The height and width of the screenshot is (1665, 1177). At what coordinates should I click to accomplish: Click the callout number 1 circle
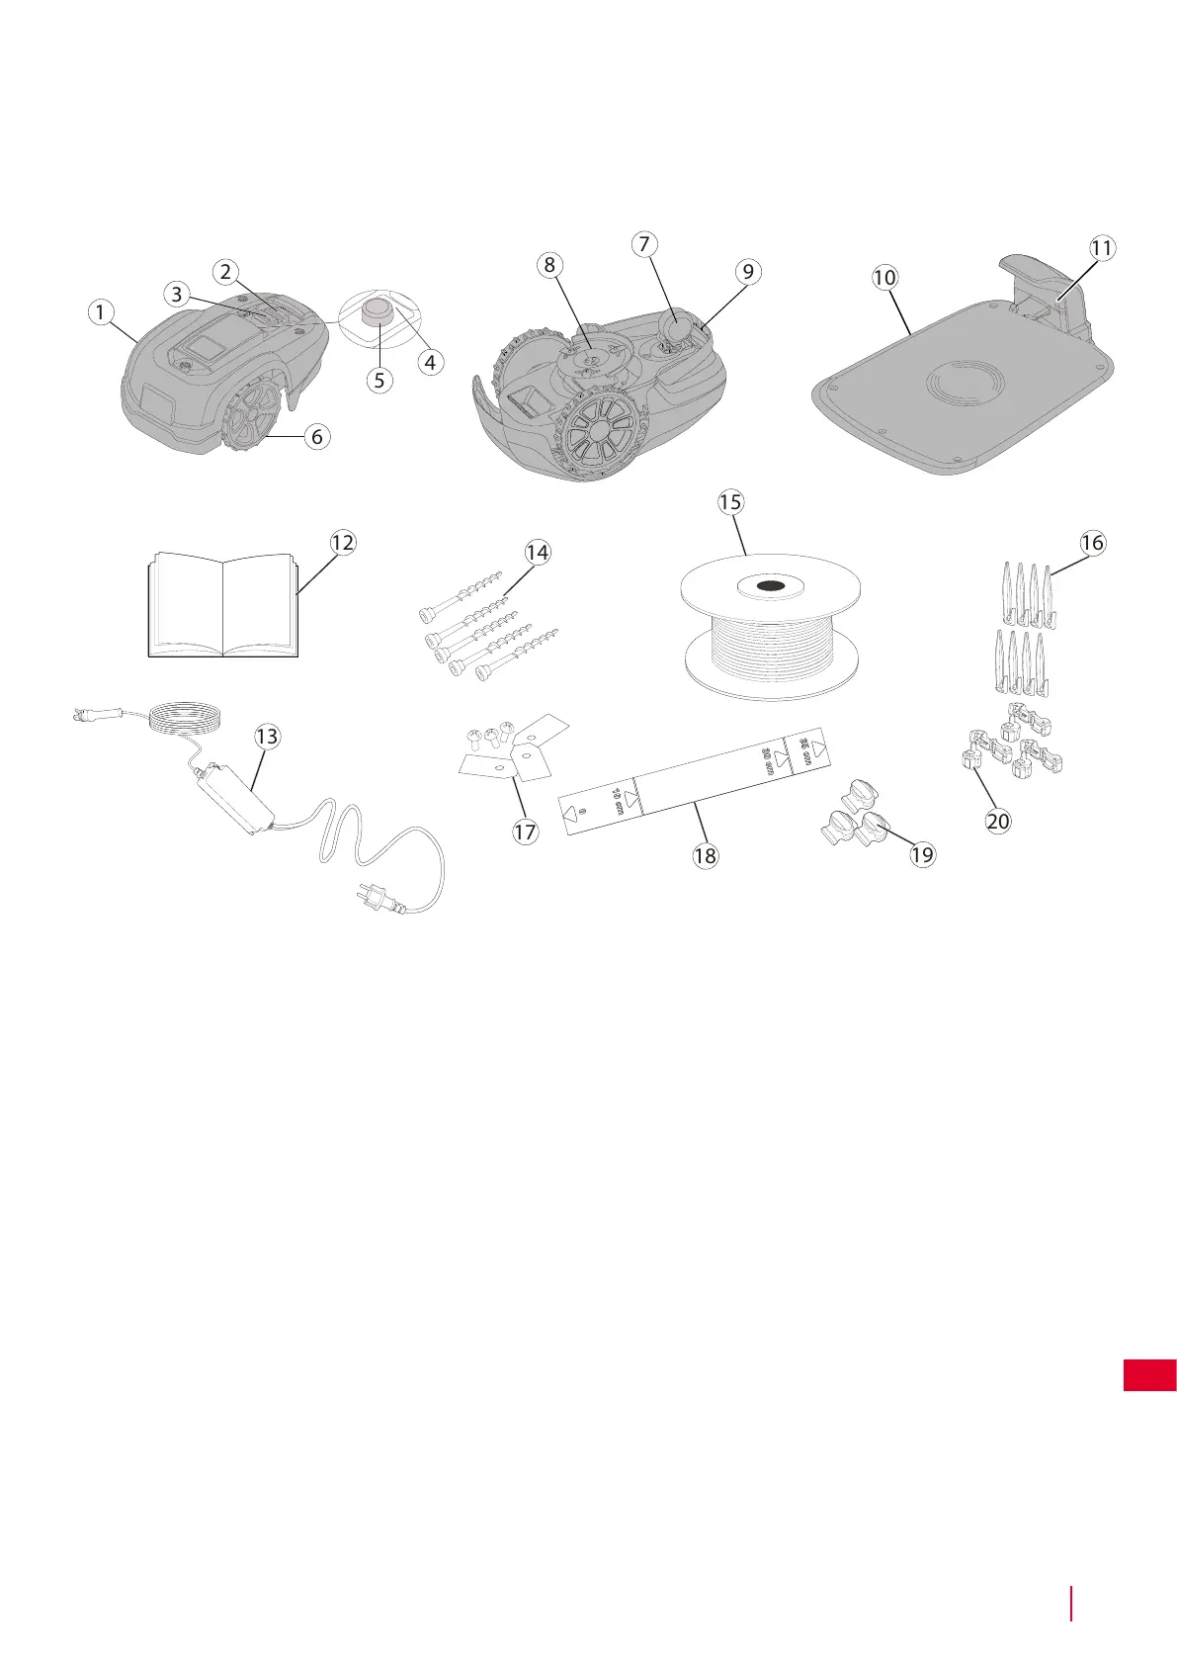click(x=99, y=312)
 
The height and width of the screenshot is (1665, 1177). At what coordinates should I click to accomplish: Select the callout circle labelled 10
click(x=884, y=278)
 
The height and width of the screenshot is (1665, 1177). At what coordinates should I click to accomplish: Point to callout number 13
click(x=267, y=737)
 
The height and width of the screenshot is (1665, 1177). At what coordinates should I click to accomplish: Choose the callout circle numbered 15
click(x=730, y=502)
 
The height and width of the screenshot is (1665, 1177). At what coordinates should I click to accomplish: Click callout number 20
click(x=998, y=821)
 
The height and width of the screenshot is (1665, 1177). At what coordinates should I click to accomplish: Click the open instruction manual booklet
click(x=223, y=605)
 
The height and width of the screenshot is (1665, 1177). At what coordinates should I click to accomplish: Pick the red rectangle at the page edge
click(x=1149, y=1375)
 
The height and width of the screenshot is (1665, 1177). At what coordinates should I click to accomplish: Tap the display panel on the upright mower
click(x=209, y=348)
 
